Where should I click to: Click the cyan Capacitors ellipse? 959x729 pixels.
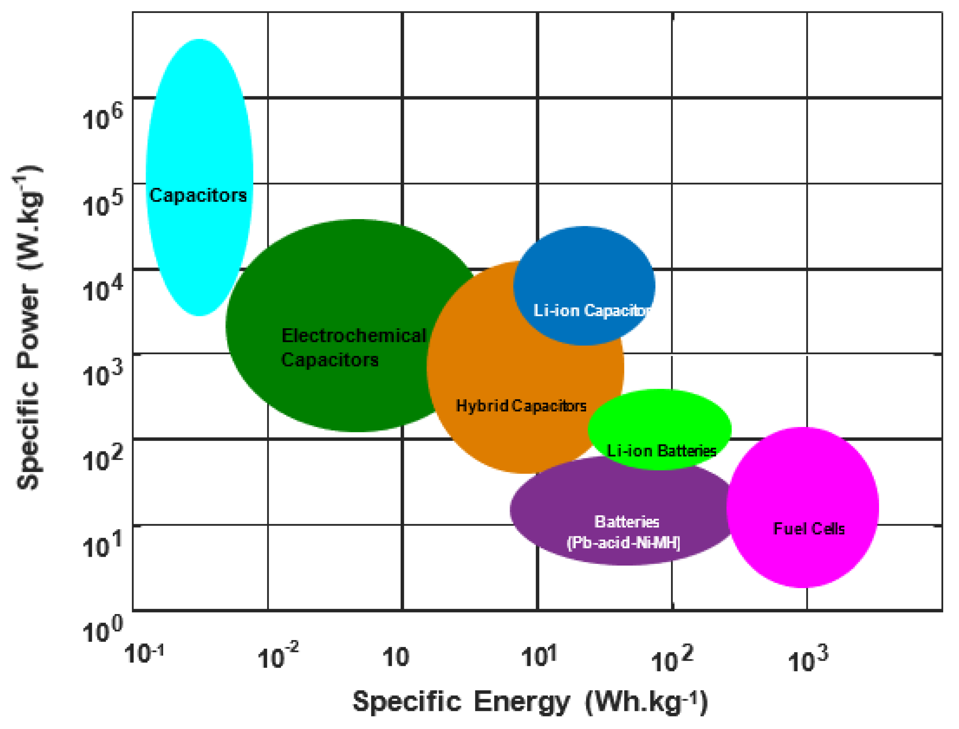(x=199, y=130)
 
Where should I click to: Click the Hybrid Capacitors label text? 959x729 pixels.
(x=521, y=406)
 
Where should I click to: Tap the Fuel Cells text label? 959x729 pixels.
(x=809, y=529)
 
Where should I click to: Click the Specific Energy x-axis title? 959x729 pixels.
(x=530, y=702)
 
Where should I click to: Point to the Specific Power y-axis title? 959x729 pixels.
(x=28, y=328)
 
